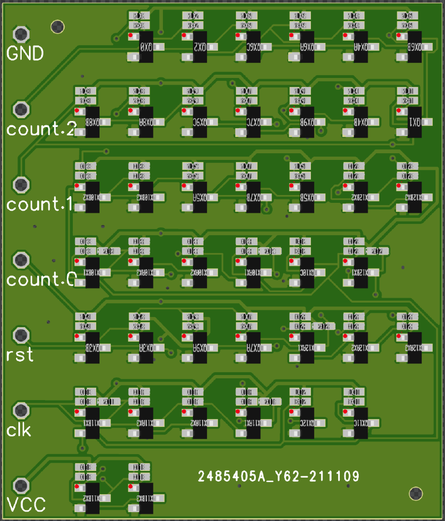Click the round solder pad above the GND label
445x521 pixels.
(21, 34)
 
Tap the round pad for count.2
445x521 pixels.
(21, 109)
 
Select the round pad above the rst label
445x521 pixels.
(21, 335)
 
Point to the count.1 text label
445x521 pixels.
(39, 204)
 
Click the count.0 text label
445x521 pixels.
(39, 280)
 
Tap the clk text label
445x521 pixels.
(18, 430)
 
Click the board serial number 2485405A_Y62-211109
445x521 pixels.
(279, 477)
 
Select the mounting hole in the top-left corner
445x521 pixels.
(57, 26)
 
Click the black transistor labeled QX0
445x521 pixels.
(146, 47)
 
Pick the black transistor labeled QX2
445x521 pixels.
(200, 47)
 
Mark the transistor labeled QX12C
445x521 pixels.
(307, 423)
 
